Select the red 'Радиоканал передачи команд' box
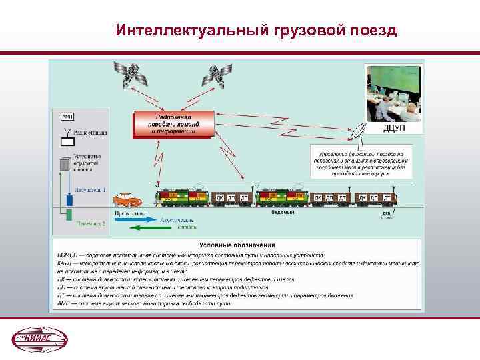tap(173, 124)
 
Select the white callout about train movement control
tap(361, 162)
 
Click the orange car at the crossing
tap(127, 199)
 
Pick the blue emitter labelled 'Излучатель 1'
tap(68, 198)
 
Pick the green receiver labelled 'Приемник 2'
tap(68, 213)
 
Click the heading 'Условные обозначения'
tap(236, 245)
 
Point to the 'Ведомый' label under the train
tap(282, 212)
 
